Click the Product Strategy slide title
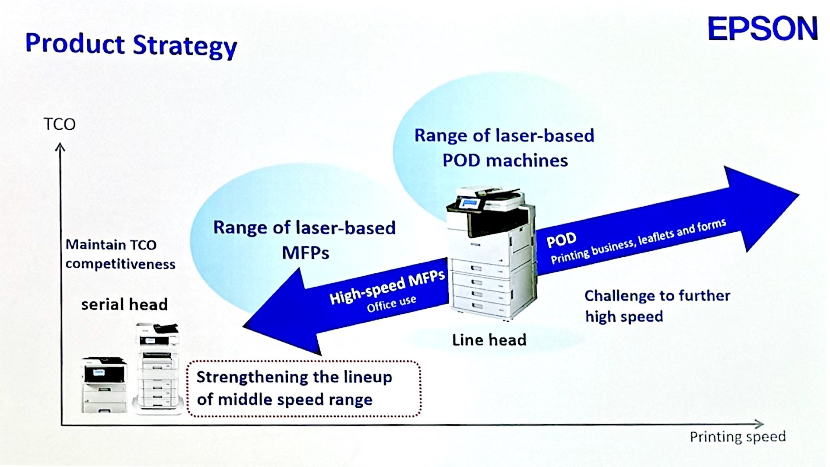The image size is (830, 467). click(131, 45)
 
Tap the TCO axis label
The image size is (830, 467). click(60, 125)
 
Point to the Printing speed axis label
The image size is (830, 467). click(737, 437)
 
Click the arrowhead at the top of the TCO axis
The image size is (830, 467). click(61, 147)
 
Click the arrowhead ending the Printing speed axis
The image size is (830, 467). click(760, 424)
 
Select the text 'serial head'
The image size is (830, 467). click(124, 304)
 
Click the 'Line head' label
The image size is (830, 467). click(489, 340)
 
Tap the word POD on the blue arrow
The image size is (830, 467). click(562, 240)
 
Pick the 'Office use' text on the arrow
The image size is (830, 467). click(391, 303)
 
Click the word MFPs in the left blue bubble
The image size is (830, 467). click(306, 253)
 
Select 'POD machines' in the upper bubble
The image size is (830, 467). click(505, 161)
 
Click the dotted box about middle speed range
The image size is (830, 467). click(303, 388)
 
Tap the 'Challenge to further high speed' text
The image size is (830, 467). click(657, 306)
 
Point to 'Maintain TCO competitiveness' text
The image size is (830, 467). click(120, 254)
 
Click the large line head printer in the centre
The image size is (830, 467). click(492, 253)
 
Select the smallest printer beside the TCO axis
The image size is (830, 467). click(104, 385)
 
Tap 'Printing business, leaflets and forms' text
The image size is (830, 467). click(638, 241)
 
